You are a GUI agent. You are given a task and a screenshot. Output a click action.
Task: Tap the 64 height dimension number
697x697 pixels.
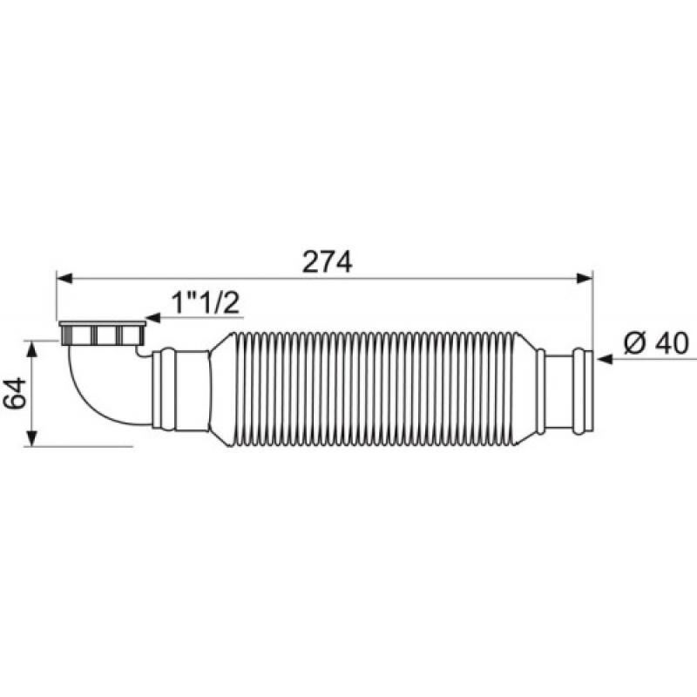pyautogui.click(x=13, y=393)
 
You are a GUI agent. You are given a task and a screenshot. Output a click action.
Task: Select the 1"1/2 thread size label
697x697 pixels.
pyautogui.click(x=205, y=304)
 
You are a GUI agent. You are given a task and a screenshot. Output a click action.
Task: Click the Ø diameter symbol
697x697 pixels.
pyautogui.click(x=634, y=343)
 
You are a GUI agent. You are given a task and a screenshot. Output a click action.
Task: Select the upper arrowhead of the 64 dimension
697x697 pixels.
pyautogui.click(x=33, y=347)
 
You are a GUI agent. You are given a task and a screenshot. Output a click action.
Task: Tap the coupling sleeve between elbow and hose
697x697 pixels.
pyautogui.click(x=179, y=389)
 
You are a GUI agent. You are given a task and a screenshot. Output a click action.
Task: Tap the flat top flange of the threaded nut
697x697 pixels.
pyautogui.click(x=101, y=324)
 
